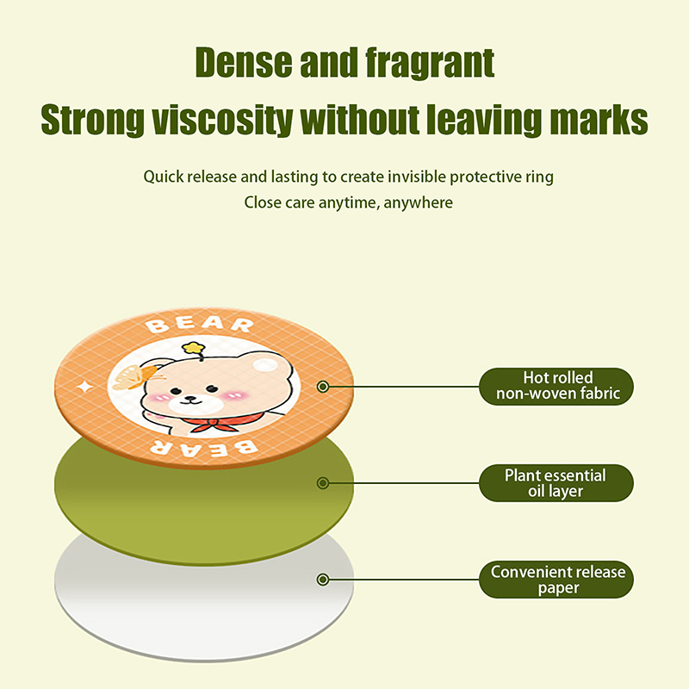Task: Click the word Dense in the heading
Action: coord(244,62)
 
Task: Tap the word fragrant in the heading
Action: coord(430,64)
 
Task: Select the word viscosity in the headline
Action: coord(222,120)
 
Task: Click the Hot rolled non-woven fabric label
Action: coord(556,386)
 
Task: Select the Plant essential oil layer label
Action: coord(556,483)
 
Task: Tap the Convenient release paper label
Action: coord(556,579)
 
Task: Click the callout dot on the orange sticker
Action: coord(323,387)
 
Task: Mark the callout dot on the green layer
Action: coord(323,483)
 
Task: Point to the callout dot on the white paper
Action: coord(323,580)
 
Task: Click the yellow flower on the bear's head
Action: coord(194,348)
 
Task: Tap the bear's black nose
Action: coord(189,399)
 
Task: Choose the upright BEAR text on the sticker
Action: coord(200,325)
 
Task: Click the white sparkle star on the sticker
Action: coord(85,387)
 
